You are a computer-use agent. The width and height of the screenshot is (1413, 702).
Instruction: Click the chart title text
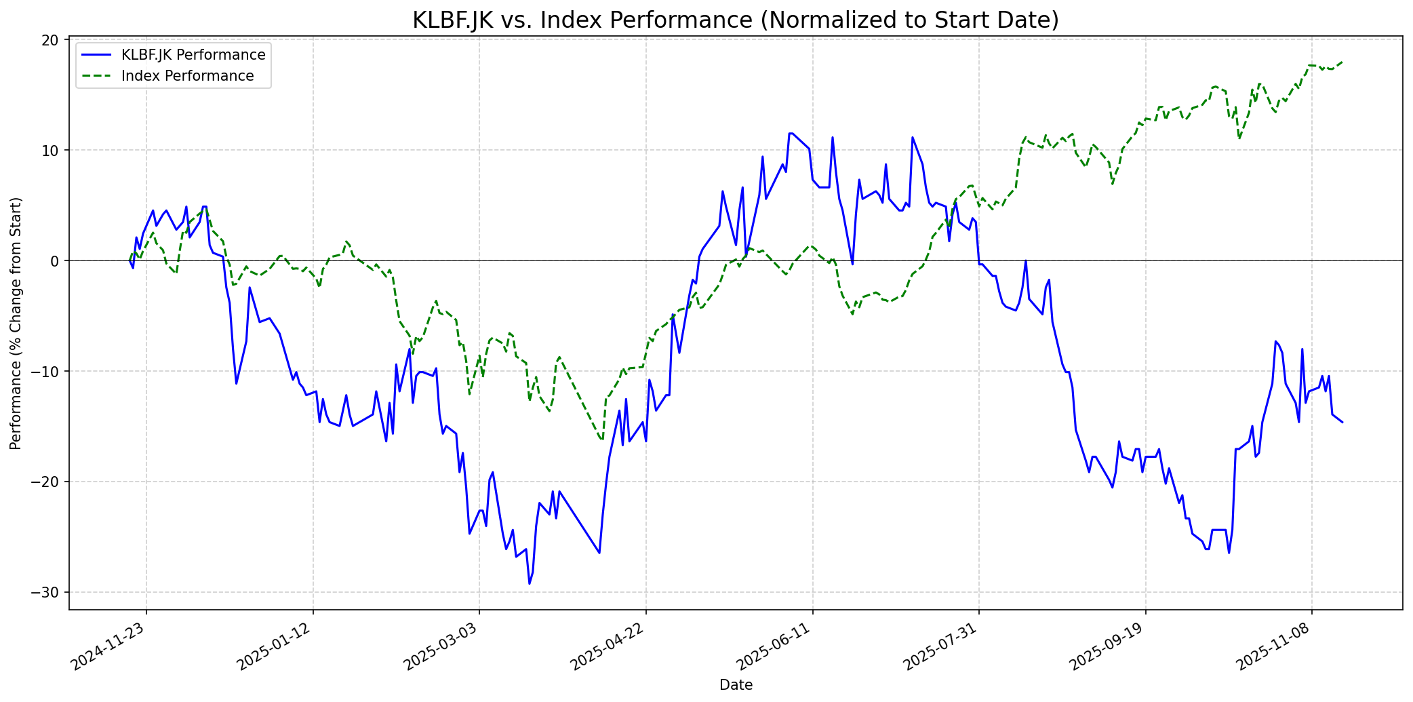pyautogui.click(x=736, y=20)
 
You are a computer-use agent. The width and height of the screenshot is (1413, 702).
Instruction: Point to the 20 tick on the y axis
pyautogui.click(x=49, y=40)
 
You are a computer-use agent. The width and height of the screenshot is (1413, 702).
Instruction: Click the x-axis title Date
pyautogui.click(x=736, y=685)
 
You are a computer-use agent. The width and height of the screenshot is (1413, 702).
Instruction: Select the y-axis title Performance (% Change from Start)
pyautogui.click(x=16, y=324)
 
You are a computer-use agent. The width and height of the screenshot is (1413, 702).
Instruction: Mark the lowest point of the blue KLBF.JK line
pyautogui.click(x=530, y=583)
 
